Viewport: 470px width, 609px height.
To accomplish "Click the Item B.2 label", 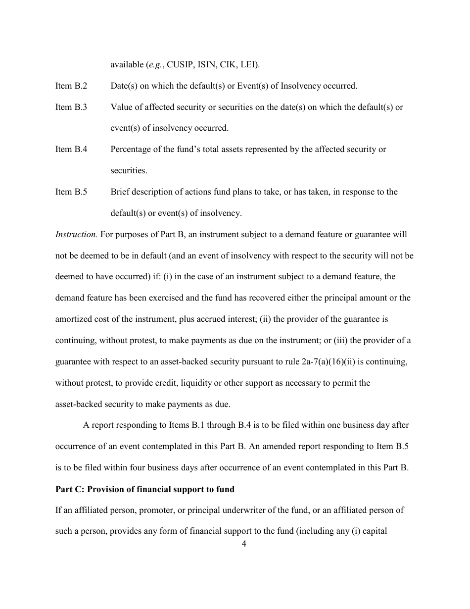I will [x=71, y=86].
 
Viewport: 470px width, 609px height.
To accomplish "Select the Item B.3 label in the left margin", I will [x=71, y=107].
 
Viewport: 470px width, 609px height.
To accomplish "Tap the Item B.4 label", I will [x=71, y=149].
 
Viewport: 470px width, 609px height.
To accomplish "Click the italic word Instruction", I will [x=76, y=234].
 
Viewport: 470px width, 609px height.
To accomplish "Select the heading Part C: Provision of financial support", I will [x=144, y=489].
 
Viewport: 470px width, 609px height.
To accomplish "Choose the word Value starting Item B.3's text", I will [x=121, y=107].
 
